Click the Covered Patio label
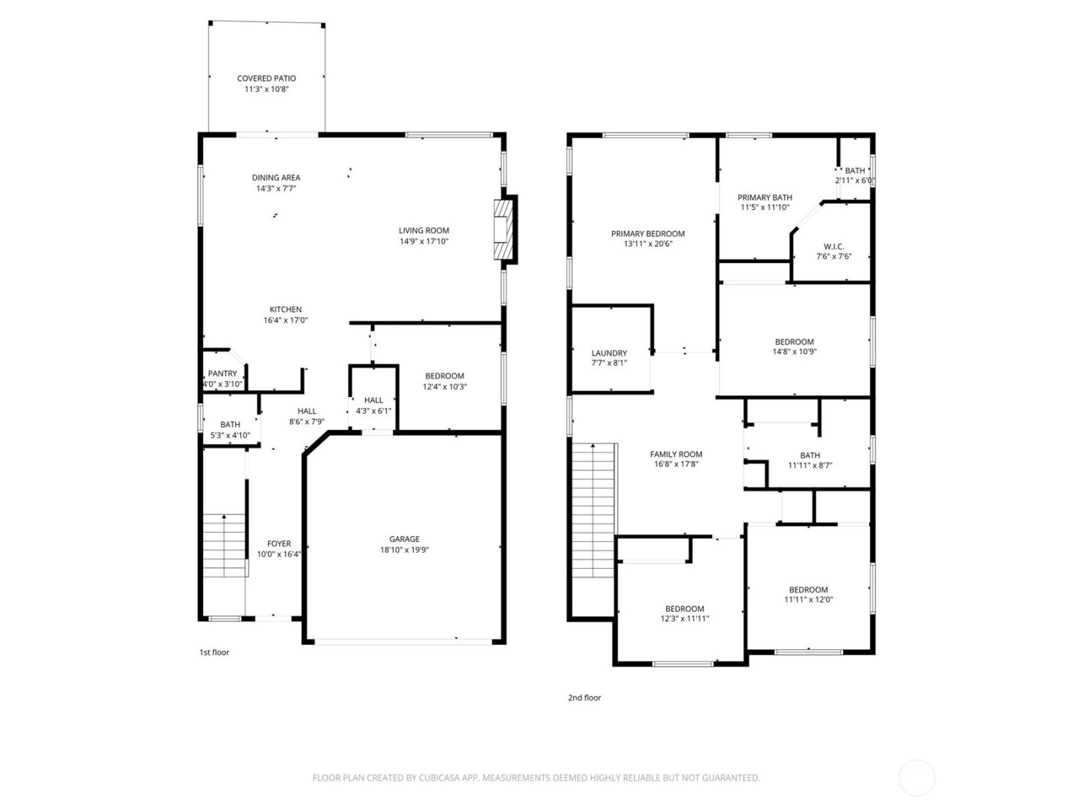[266, 78]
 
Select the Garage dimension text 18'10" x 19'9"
[404, 550]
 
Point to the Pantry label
[222, 373]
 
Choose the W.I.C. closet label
[834, 247]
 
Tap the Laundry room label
[609, 353]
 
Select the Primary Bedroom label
[648, 234]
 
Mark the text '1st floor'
[215, 652]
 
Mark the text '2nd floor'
[584, 698]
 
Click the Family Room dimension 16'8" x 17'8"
[676, 464]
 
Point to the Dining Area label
[276, 178]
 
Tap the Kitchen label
[285, 310]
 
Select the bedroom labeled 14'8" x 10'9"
[794, 342]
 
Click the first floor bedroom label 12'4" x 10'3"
[445, 376]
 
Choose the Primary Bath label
[765, 197]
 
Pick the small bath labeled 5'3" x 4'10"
[230, 424]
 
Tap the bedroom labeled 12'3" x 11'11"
[684, 609]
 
